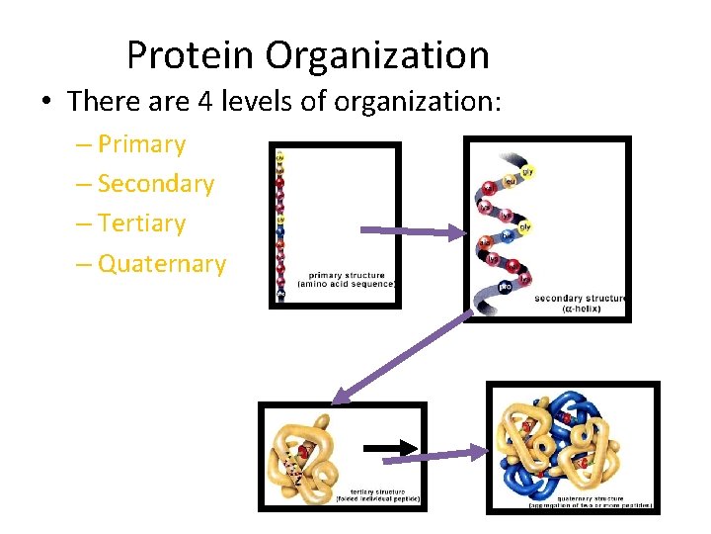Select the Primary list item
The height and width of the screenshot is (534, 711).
pos(141,144)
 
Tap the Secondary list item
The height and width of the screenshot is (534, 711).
pos(156,184)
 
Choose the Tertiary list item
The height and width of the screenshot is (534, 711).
pos(141,223)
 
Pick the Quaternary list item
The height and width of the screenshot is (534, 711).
pos(162,264)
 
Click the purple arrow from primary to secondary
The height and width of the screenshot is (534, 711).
pos(410,232)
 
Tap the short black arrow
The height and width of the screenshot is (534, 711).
pos(394,448)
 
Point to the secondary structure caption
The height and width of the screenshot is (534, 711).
pos(580,302)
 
